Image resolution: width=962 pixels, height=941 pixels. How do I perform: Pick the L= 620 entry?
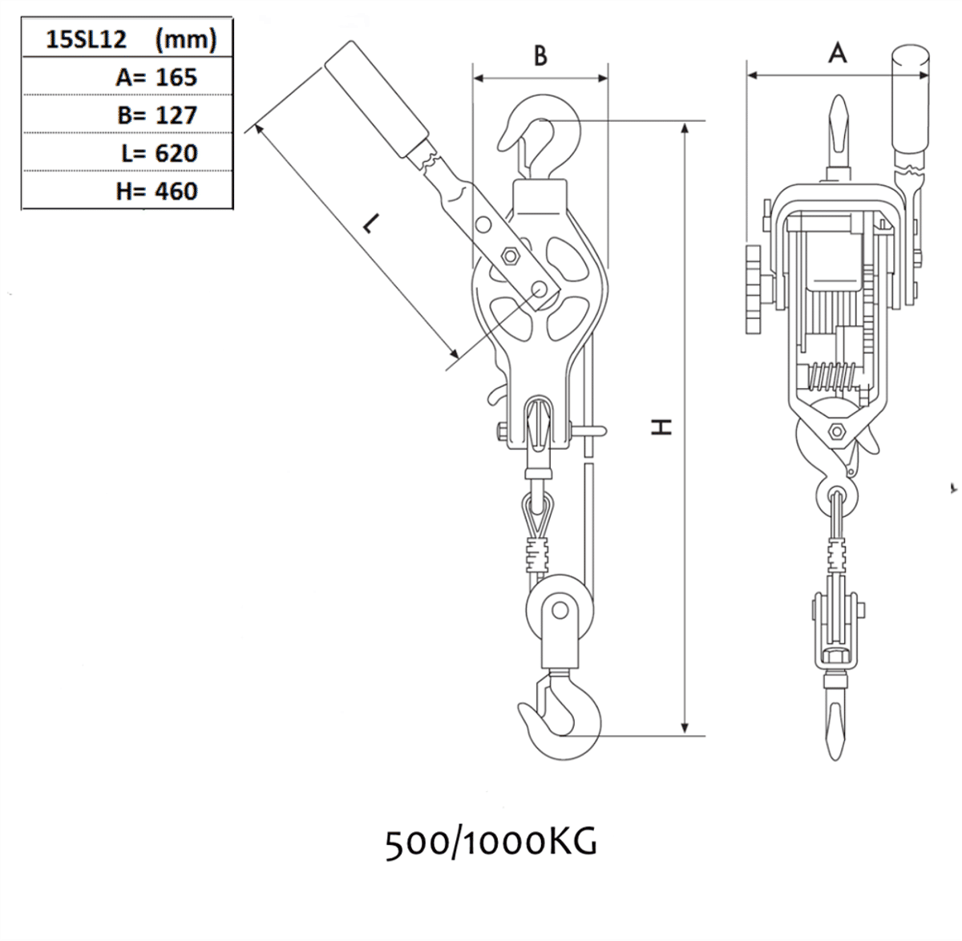click(159, 152)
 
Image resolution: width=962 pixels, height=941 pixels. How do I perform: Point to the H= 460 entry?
click(156, 191)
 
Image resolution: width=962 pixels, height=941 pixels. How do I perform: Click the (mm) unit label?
click(185, 39)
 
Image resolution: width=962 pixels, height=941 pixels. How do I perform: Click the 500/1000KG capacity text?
click(491, 842)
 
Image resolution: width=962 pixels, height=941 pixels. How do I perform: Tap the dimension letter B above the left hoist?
click(540, 55)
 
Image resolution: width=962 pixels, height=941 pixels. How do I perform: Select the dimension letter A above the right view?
click(837, 54)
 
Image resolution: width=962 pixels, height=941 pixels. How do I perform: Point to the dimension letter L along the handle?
click(368, 225)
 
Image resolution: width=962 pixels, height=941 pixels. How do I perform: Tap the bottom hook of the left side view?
click(561, 717)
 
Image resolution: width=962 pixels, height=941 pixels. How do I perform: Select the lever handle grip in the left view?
click(376, 105)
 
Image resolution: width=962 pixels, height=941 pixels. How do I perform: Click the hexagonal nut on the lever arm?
click(509, 256)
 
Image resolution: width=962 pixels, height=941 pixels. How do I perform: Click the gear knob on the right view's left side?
click(754, 291)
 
